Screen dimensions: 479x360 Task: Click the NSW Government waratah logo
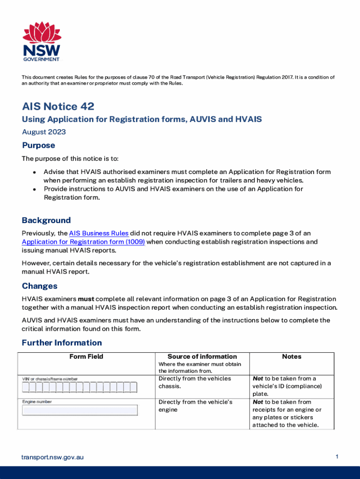pos(42,41)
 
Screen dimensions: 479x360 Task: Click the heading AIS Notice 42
pos(58,106)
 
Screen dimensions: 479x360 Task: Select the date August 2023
pos(44,132)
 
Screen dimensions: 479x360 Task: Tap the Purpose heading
pos(38,145)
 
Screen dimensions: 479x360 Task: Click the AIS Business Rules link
pos(99,233)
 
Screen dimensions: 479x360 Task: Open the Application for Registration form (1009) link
pos(83,242)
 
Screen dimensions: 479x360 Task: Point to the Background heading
pos(46,220)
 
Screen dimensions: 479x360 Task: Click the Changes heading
pos(40,286)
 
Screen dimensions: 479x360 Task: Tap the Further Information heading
pos(62,343)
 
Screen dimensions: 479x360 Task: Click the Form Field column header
pos(86,356)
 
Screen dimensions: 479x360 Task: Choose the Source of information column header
pos(202,356)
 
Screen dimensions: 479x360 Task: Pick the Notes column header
pos(291,356)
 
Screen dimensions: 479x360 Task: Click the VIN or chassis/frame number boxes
pos(79,387)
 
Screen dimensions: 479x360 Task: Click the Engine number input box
pos(80,410)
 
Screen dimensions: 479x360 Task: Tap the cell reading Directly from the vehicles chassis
pos(194,383)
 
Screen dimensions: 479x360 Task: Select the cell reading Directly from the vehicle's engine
pos(195,406)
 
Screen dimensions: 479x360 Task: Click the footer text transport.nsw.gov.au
pos(52,457)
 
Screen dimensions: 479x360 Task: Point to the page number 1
pos(337,457)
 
